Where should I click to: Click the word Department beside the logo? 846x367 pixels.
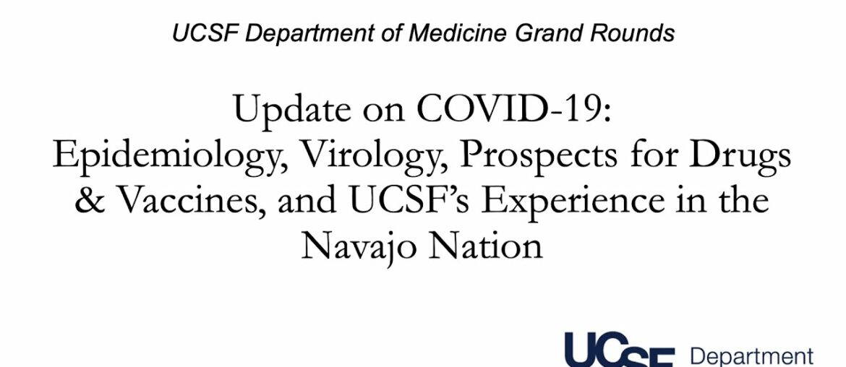pyautogui.click(x=751, y=357)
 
